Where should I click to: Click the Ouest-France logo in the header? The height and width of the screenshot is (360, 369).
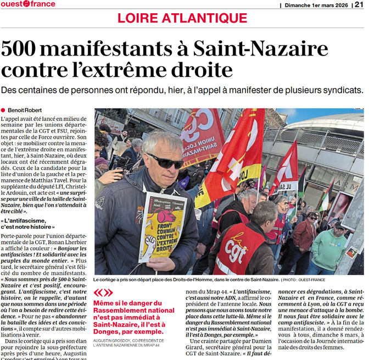(28, 4)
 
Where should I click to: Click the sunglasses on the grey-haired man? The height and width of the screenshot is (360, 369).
(165, 160)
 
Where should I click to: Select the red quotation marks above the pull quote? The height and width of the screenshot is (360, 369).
(104, 293)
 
